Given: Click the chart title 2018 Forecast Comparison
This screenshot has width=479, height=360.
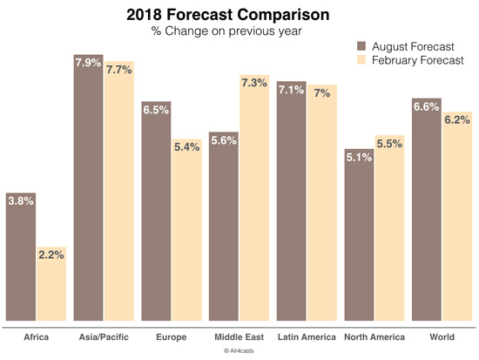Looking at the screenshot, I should tap(239, 14).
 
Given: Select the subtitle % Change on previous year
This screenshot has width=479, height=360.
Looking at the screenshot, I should tap(239, 31).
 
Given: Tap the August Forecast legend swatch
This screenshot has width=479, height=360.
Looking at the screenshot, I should tap(362, 45).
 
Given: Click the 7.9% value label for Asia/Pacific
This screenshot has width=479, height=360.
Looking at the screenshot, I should tap(89, 64).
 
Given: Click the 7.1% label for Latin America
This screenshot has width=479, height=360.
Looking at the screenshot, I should tap(292, 90).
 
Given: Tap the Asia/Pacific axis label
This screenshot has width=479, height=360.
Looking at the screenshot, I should tap(103, 336).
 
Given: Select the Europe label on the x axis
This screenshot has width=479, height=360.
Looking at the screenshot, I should tap(171, 336).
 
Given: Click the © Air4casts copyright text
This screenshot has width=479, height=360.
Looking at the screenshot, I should tap(239, 350).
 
